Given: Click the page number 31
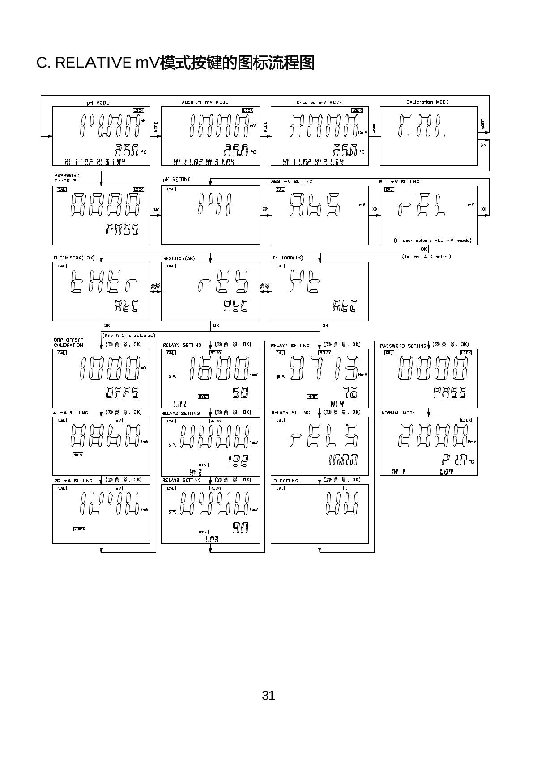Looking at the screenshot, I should click(x=268, y=696).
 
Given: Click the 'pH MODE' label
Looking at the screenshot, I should click(x=98, y=103).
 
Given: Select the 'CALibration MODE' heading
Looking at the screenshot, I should click(x=427, y=102).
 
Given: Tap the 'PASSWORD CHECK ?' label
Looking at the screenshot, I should click(x=67, y=178).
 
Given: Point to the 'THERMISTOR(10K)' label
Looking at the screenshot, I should click(x=74, y=258).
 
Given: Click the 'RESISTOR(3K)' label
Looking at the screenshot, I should click(x=179, y=258).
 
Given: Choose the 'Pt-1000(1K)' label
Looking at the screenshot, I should click(x=288, y=258).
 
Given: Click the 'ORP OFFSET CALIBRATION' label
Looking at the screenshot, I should click(x=68, y=343).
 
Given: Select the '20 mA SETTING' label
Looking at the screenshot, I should click(x=73, y=481).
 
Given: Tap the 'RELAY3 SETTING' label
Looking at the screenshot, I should click(x=182, y=480).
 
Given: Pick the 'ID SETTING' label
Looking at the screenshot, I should click(x=285, y=481).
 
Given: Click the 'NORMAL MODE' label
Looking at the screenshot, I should click(x=398, y=413).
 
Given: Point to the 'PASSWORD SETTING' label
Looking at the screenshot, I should click(x=403, y=346).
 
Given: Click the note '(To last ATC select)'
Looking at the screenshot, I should click(x=426, y=257).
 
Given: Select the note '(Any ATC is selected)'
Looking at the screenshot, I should click(x=129, y=335).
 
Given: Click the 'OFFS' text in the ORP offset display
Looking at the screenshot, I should click(x=122, y=393).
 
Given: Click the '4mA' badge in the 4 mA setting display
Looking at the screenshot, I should click(x=78, y=455).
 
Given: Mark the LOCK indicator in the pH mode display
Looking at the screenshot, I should click(x=138, y=110).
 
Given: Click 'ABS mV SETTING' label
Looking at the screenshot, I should click(x=292, y=182).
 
